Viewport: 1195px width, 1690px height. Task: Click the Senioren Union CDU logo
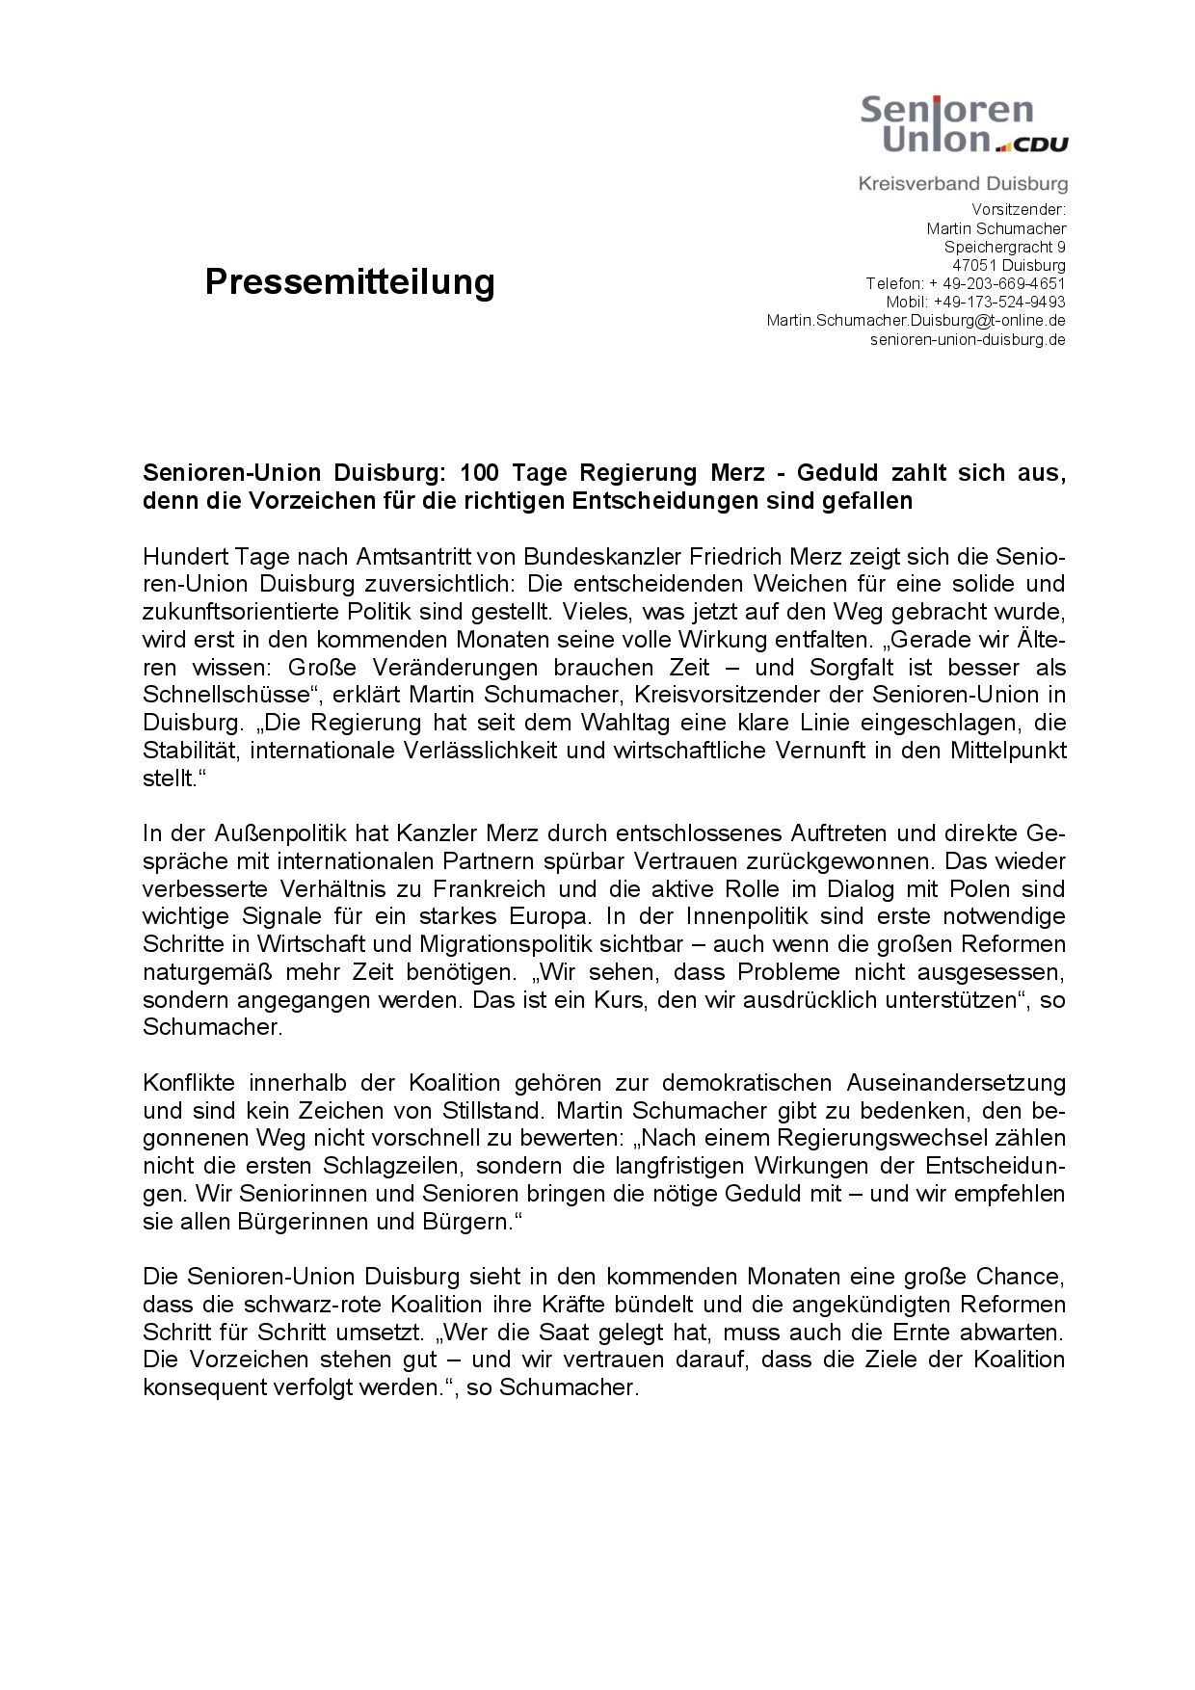click(x=963, y=122)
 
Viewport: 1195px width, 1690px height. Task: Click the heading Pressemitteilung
click(x=350, y=281)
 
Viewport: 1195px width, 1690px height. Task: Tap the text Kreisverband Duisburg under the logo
click(x=963, y=183)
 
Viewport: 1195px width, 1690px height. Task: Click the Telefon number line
click(x=965, y=283)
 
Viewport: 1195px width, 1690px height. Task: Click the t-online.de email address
click(x=916, y=320)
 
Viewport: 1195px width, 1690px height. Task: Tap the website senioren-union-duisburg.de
click(x=968, y=339)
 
